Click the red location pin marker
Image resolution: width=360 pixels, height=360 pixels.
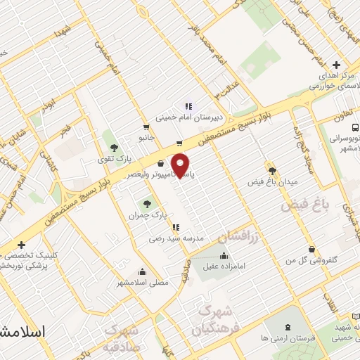coord(182,165)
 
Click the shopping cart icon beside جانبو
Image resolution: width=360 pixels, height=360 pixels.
coord(146,127)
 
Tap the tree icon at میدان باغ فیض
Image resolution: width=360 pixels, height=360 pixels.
coord(272,170)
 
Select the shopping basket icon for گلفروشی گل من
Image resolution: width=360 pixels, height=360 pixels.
coord(311,249)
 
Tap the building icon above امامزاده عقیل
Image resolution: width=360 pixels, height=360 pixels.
coord(224,255)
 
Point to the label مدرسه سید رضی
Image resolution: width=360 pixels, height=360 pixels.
coord(176,238)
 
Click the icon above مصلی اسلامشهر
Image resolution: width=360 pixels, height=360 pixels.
coord(143,272)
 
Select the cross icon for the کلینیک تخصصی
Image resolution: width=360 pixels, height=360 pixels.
coord(22,245)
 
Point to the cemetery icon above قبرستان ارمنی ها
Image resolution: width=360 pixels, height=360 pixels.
coord(288,328)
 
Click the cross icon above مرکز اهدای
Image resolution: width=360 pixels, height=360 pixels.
coord(337,65)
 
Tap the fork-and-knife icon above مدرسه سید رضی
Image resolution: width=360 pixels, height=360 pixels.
coord(176,227)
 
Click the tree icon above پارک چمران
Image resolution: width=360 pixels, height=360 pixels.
coord(147,204)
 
